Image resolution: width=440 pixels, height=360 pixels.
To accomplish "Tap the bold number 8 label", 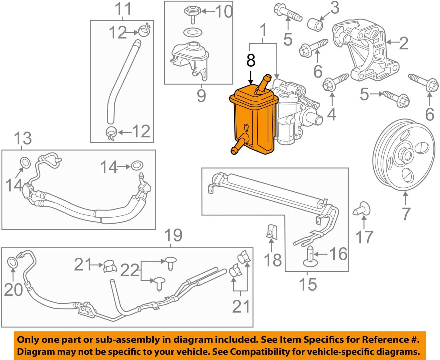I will [251, 60].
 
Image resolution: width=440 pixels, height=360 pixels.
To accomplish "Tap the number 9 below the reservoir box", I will [201, 95].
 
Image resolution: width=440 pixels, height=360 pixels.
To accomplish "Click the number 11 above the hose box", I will [123, 9].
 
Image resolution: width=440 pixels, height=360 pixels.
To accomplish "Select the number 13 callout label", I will [23, 139].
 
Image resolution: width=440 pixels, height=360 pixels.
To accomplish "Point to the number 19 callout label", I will [173, 235].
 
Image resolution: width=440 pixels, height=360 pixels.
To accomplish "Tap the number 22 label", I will [130, 270].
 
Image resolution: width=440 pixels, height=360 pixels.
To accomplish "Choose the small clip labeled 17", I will [362, 209].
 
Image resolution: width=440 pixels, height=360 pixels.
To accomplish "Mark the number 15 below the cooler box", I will [308, 284].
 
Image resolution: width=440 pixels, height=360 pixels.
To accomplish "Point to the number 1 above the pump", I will [263, 30].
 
